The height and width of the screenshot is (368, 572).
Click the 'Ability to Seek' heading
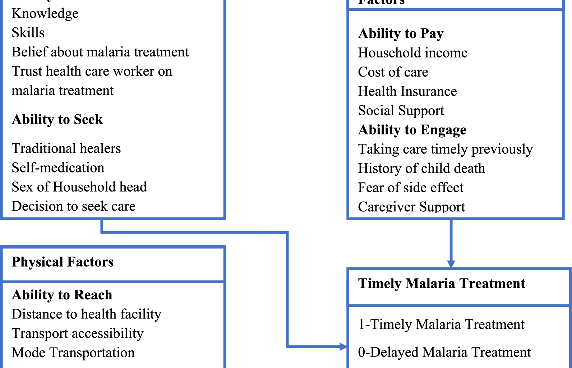click(57, 120)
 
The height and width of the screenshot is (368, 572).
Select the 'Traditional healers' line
click(66, 148)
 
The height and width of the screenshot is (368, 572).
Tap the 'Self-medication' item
click(58, 168)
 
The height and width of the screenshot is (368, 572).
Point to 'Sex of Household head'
click(79, 187)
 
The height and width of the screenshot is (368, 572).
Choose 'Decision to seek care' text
click(73, 206)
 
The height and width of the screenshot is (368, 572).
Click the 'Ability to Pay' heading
click(401, 33)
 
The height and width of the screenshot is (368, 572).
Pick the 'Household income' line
click(412, 53)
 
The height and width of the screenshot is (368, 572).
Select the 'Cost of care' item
click(393, 72)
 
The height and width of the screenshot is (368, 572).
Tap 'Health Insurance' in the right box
click(407, 91)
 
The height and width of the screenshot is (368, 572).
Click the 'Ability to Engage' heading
click(412, 130)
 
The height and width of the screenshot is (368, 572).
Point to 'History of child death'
click(421, 168)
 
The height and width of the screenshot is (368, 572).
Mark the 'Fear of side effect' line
click(411, 188)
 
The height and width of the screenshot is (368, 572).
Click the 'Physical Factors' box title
click(63, 262)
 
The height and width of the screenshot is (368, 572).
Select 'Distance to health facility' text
click(86, 314)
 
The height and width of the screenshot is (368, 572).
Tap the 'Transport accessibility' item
click(77, 333)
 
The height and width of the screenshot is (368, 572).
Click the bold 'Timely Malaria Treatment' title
click(442, 284)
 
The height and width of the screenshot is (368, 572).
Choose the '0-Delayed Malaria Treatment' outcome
click(444, 352)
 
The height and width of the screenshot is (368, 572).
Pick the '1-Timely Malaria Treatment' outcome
click(441, 325)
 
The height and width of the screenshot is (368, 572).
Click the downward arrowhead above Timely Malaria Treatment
click(451, 264)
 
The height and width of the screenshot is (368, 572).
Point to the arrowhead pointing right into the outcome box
click(343, 347)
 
